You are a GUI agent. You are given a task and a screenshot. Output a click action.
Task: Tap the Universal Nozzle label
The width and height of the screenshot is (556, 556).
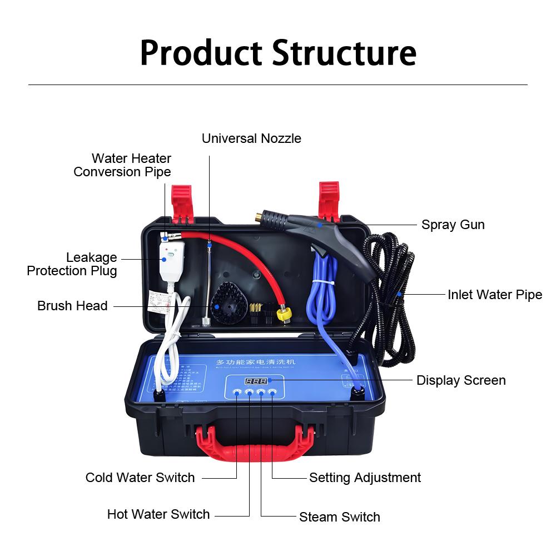(251, 138)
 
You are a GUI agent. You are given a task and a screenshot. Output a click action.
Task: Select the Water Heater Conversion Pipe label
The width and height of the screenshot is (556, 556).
(122, 165)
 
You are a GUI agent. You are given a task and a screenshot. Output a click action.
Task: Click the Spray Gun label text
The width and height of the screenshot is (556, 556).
(453, 225)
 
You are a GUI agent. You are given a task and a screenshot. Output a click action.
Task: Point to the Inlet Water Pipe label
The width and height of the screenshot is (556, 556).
(494, 295)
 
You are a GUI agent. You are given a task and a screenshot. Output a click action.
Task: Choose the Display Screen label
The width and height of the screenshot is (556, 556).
(461, 380)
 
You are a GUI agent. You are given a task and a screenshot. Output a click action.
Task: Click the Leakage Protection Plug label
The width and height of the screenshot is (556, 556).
(72, 264)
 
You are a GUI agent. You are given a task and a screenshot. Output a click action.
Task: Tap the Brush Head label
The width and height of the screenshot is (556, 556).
(72, 306)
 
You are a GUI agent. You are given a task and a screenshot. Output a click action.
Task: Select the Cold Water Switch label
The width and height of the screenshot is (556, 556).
(140, 478)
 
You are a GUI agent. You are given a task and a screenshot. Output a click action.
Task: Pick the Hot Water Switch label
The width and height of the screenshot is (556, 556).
(158, 514)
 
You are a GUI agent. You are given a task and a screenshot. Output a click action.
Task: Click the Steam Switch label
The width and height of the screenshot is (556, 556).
(339, 517)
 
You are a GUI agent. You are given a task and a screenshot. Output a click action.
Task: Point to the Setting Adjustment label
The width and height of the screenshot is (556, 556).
(365, 478)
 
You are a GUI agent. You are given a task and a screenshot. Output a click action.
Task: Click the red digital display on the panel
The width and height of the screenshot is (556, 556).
(256, 381)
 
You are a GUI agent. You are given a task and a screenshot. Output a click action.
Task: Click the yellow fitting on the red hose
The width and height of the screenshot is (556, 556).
(285, 315)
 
